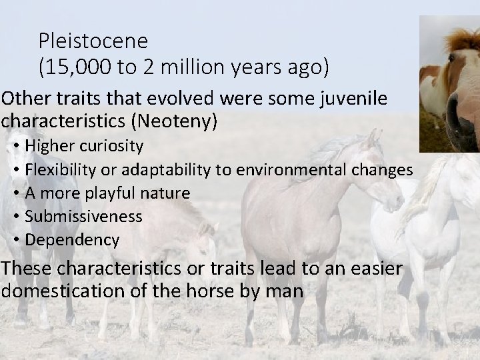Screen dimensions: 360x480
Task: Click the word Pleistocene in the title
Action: tap(93, 41)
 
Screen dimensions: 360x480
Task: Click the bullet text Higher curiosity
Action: tap(83, 146)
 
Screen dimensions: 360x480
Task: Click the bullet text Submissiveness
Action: tap(83, 216)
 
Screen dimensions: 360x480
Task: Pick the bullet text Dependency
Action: tap(72, 239)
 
